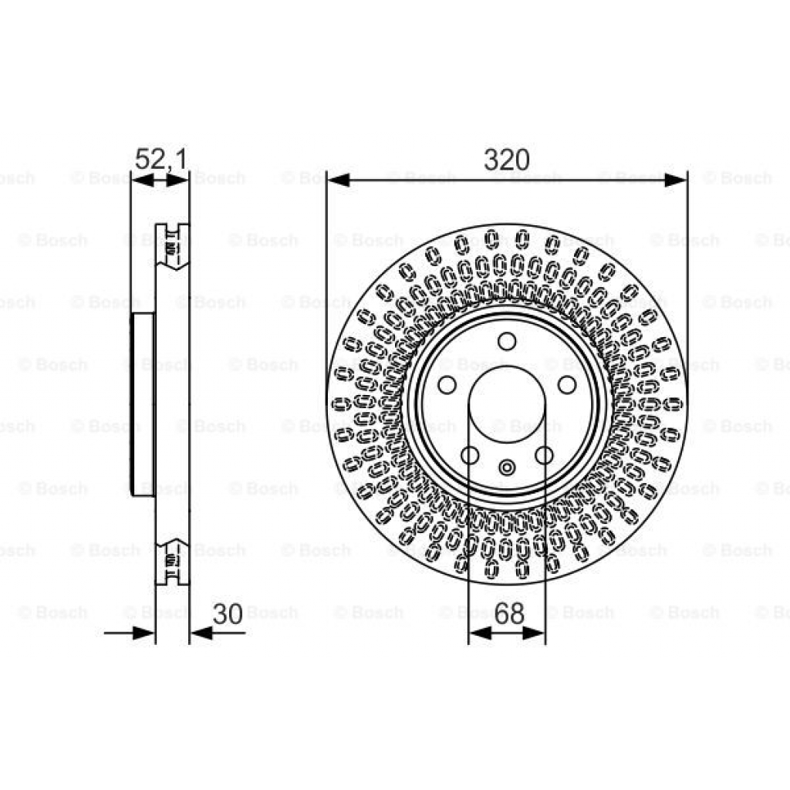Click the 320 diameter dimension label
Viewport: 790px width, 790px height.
coord(507,160)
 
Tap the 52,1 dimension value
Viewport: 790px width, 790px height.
coord(160,160)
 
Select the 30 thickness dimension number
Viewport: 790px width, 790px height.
coord(228,615)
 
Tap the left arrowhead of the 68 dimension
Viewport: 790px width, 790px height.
coord(479,633)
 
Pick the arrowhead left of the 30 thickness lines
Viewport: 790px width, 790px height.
coord(144,633)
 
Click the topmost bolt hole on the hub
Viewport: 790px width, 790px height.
coord(507,341)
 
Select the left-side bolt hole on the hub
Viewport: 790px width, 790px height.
coord(447,384)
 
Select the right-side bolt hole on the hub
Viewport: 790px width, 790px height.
coord(567,384)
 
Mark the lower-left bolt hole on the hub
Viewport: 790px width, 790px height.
coord(469,455)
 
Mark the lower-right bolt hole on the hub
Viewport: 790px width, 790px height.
coord(545,455)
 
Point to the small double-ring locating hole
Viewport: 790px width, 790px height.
coord(507,467)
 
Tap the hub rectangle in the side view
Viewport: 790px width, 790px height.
coord(143,404)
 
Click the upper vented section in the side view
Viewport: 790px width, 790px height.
coord(172,245)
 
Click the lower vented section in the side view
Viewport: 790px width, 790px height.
coord(172,561)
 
